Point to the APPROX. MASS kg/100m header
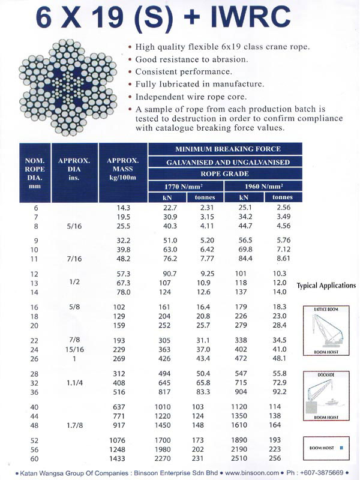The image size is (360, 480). pos(122,170)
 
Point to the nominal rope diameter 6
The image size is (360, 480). pos(35,207)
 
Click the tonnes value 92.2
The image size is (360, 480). pos(280,392)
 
